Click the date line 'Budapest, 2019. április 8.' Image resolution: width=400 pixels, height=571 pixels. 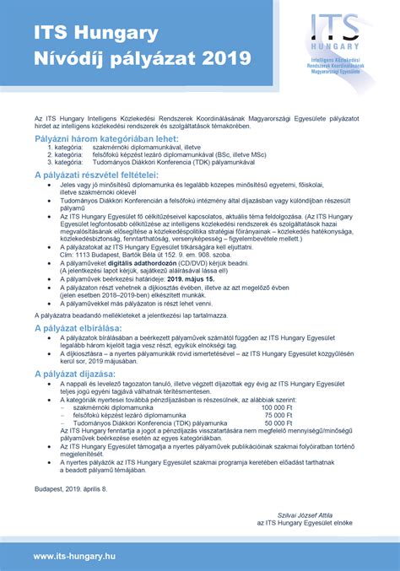click(71, 488)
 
